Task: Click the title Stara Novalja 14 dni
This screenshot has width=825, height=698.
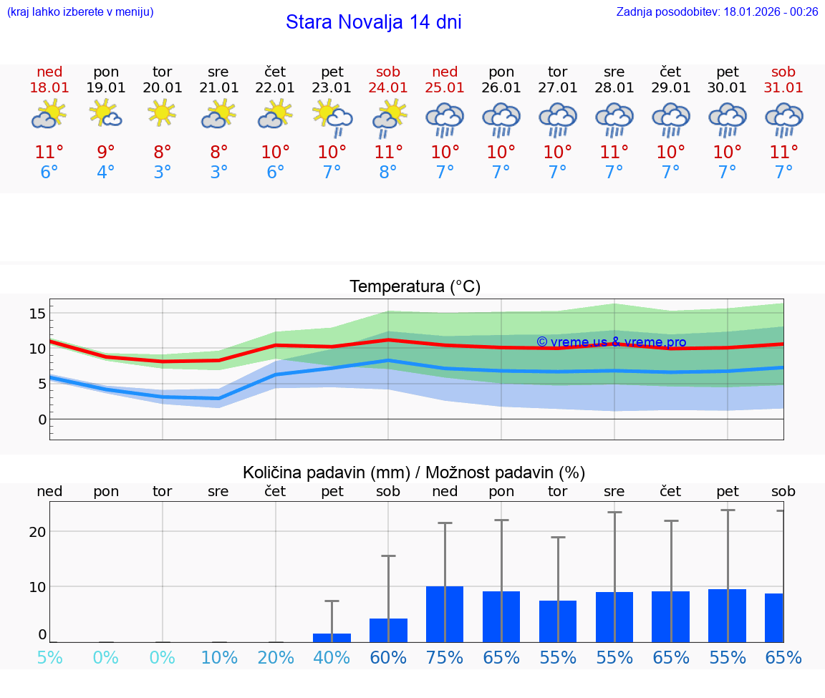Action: tap(373, 22)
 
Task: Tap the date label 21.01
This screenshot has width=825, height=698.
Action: tap(218, 88)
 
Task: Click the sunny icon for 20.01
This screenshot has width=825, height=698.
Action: tap(163, 113)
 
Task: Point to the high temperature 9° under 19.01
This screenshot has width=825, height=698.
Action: tap(106, 152)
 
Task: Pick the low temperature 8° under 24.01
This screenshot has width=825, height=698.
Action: tap(388, 173)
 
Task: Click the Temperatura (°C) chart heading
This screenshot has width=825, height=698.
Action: tap(415, 287)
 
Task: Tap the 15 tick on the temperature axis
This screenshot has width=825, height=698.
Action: tap(37, 314)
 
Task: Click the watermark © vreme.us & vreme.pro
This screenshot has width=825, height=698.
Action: tap(611, 342)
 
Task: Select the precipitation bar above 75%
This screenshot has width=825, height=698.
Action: tap(445, 614)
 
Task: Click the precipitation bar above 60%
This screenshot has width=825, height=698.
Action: tap(388, 630)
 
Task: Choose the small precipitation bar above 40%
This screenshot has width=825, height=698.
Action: tap(332, 637)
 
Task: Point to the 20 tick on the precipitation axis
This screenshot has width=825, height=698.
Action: tap(37, 532)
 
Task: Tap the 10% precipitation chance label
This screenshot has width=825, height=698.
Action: tap(218, 657)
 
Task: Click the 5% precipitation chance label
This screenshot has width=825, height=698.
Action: tap(49, 657)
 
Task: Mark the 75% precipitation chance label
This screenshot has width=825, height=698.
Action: tap(445, 657)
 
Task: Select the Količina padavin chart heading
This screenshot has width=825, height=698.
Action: tap(414, 472)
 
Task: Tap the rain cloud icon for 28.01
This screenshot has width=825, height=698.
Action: tap(614, 119)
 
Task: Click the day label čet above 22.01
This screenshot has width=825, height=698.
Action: tap(275, 72)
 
